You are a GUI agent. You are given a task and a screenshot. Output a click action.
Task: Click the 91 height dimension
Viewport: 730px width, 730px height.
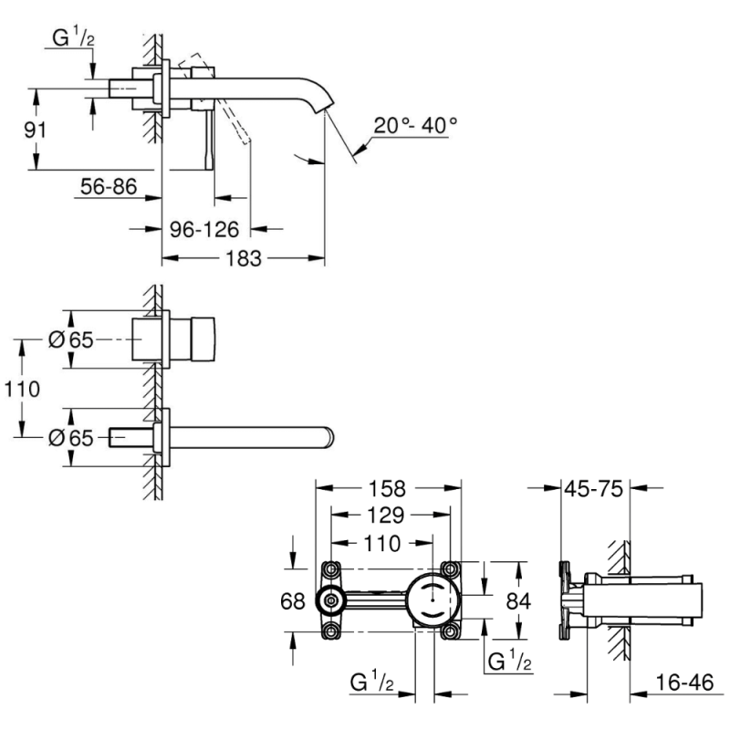(x=35, y=130)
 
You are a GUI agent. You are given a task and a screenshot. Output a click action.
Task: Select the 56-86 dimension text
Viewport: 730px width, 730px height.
(x=108, y=187)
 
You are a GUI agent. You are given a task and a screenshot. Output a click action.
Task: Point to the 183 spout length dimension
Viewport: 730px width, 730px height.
(x=242, y=258)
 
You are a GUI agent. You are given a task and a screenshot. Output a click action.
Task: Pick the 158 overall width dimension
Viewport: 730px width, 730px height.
(x=387, y=488)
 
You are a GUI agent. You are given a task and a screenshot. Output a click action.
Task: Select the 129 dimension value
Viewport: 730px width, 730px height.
(x=387, y=516)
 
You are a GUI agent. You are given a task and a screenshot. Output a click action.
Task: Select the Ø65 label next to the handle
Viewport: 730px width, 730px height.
(x=70, y=340)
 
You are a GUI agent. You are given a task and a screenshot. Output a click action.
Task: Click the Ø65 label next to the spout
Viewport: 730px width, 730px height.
(x=70, y=437)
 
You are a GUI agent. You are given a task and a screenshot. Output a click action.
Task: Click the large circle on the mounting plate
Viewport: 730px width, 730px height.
(x=432, y=600)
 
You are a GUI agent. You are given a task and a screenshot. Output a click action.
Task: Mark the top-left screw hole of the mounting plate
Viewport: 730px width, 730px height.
(x=330, y=568)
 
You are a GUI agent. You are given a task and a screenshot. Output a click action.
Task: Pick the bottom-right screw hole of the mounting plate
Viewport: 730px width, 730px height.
(x=450, y=631)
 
